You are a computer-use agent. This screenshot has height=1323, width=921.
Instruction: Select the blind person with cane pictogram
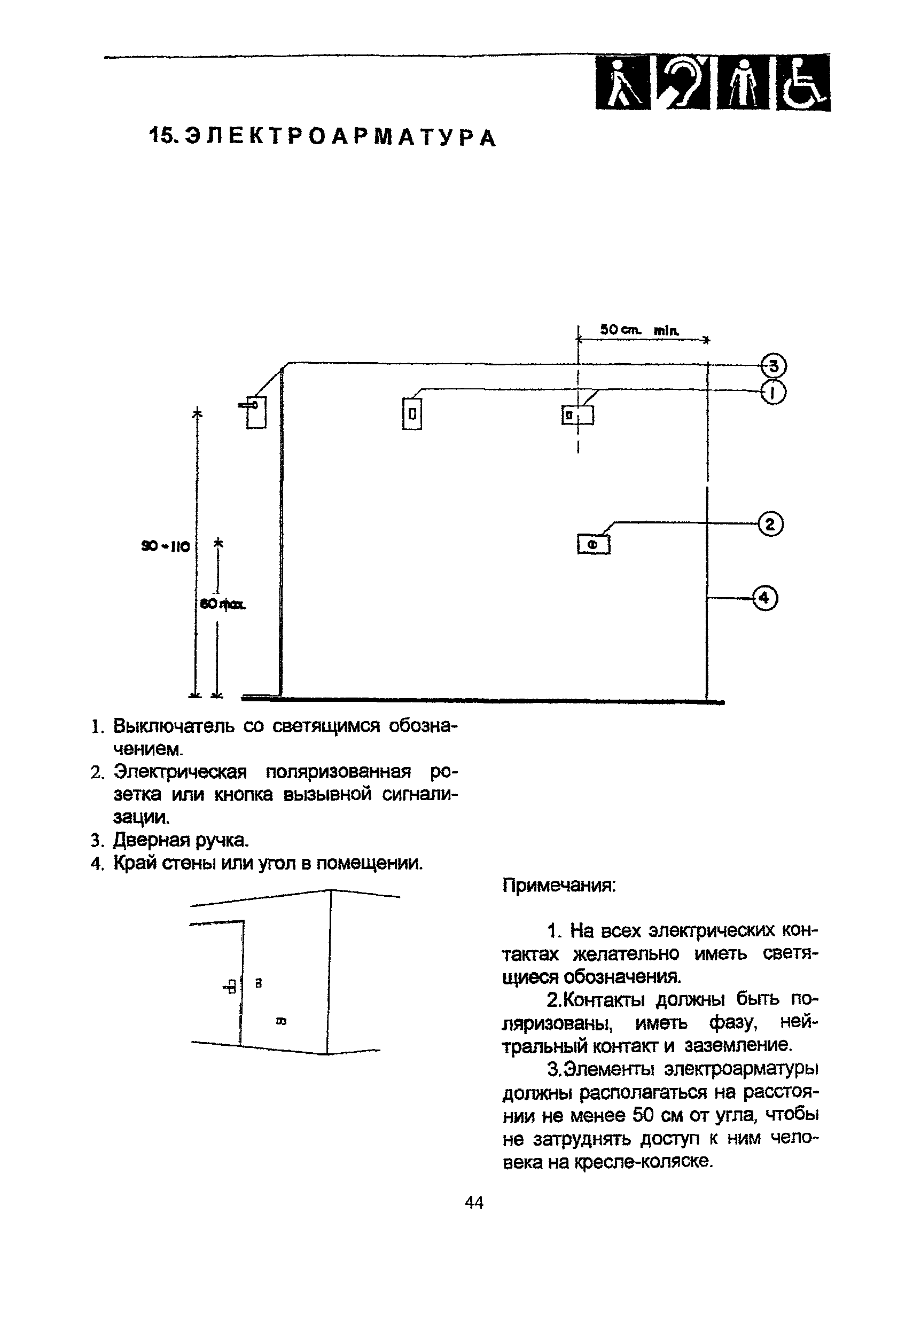click(x=622, y=83)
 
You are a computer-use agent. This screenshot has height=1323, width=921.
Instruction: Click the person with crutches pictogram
click(x=744, y=83)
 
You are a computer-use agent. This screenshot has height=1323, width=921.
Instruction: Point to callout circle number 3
click(x=774, y=366)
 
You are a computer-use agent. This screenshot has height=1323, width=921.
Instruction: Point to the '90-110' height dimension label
click(x=166, y=546)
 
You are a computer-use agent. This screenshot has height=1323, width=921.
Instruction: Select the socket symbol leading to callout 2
click(x=593, y=544)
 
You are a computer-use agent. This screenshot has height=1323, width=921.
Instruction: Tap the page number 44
click(x=474, y=1202)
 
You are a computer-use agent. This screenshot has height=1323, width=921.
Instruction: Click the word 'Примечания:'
click(x=559, y=886)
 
